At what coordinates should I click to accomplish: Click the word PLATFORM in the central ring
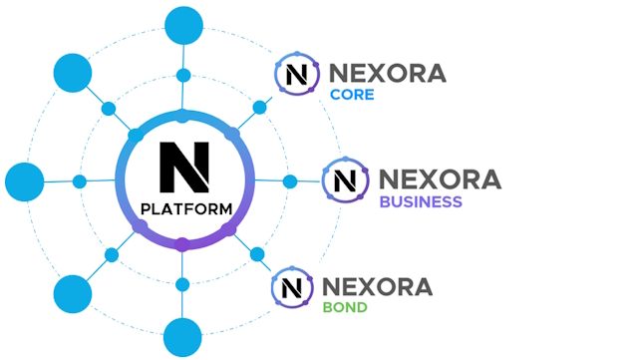click(x=186, y=209)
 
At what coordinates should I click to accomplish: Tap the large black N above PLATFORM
click(x=184, y=168)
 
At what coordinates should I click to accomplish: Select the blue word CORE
click(x=352, y=95)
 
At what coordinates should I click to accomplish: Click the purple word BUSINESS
click(x=421, y=201)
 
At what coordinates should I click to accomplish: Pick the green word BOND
click(x=345, y=307)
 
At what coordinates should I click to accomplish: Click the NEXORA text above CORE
click(x=388, y=73)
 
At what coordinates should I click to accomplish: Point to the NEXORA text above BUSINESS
click(x=441, y=180)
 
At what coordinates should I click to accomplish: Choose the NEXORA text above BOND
click(x=377, y=287)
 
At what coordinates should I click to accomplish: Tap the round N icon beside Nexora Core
click(x=297, y=74)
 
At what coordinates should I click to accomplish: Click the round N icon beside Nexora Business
click(x=345, y=180)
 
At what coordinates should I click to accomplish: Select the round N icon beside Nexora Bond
click(x=292, y=287)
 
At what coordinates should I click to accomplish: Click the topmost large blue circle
click(x=184, y=26)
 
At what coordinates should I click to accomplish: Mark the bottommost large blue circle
click(x=182, y=337)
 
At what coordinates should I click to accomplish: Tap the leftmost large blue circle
click(x=25, y=182)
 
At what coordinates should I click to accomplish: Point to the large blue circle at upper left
click(x=73, y=73)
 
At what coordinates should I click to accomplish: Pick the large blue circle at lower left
click(x=73, y=294)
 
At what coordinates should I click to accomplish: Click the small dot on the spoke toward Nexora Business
click(x=290, y=181)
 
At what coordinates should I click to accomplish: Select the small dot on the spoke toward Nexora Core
click(x=259, y=108)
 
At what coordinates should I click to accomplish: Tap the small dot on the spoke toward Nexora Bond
click(x=257, y=254)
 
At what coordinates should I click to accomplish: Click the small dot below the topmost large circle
click(x=183, y=75)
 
